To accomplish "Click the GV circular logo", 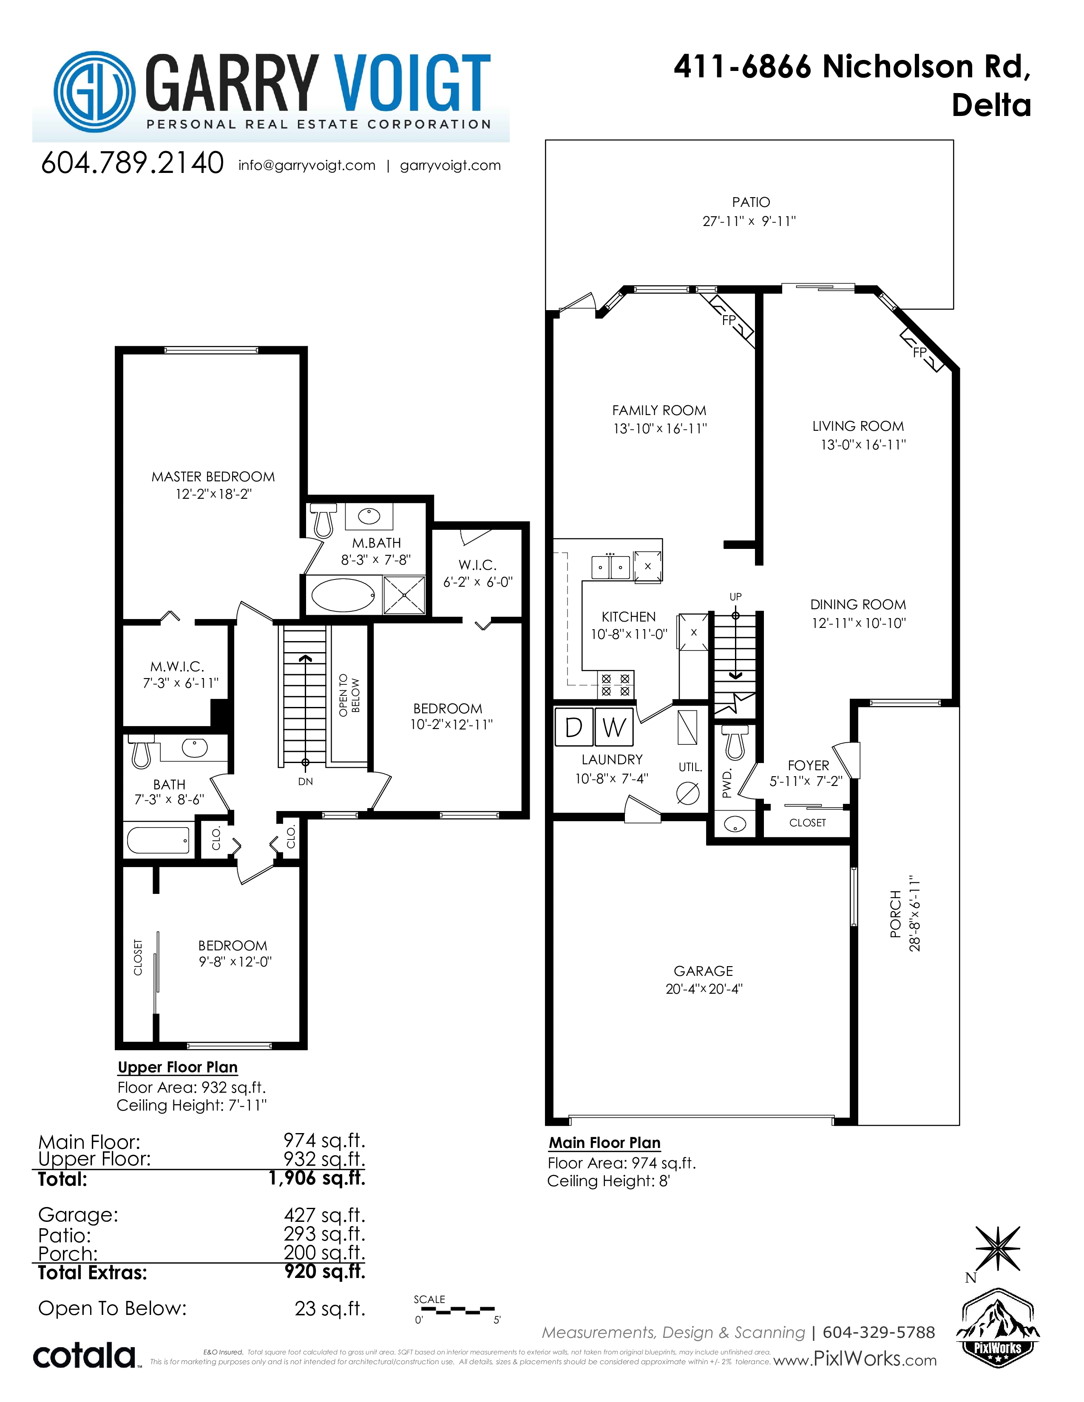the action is [94, 92].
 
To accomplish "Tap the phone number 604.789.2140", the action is [132, 163].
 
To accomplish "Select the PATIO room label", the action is [751, 202].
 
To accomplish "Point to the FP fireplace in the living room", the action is [922, 350].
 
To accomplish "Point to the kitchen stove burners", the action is [615, 685].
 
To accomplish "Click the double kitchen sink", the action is [610, 567].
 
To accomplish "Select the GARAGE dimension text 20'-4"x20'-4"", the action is [704, 989].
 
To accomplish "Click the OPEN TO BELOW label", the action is [349, 695].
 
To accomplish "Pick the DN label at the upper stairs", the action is [306, 781].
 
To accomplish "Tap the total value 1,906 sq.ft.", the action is [317, 1178].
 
